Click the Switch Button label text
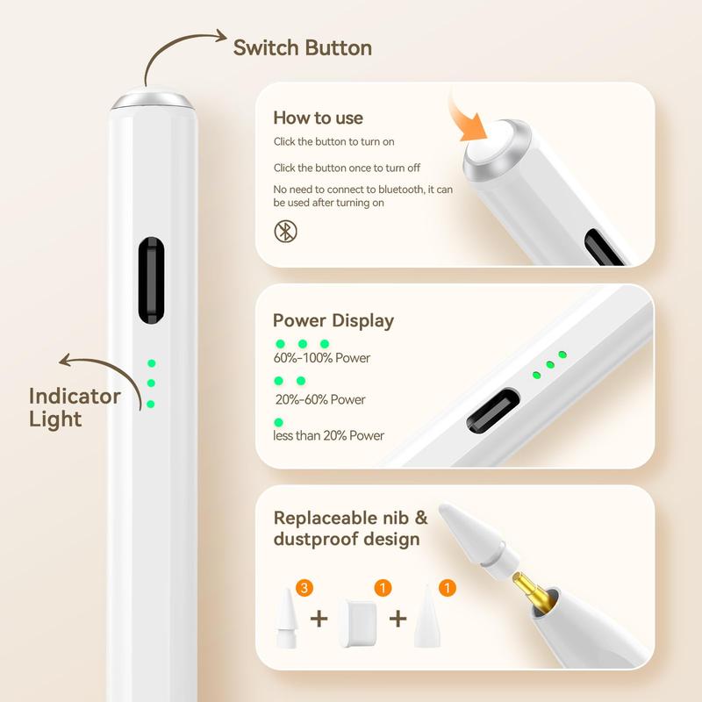[x=302, y=48]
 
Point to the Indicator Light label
[x=75, y=407]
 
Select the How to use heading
[x=318, y=118]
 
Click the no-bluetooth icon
[x=286, y=232]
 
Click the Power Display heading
[x=333, y=321]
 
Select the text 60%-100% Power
[x=321, y=358]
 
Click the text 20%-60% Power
[x=319, y=400]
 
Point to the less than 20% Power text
[x=329, y=435]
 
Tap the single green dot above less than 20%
[x=279, y=422]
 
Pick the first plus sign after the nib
[x=319, y=620]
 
